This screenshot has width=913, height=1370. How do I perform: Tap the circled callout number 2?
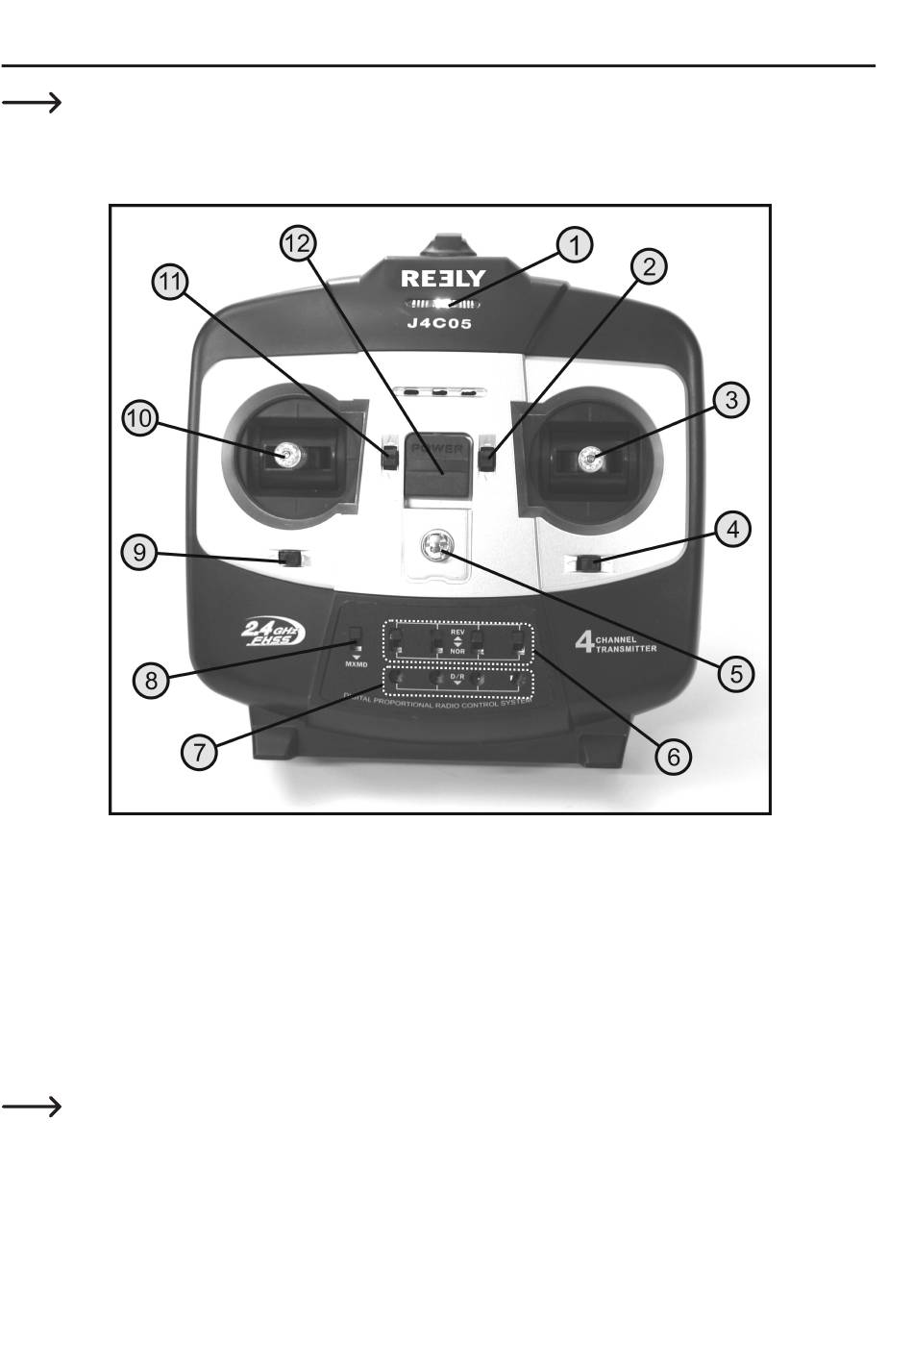pyautogui.click(x=650, y=266)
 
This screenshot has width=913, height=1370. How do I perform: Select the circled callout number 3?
pyautogui.click(x=732, y=399)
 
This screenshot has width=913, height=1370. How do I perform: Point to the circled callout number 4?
pyautogui.click(x=732, y=528)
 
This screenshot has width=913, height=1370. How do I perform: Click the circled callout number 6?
pyautogui.click(x=673, y=757)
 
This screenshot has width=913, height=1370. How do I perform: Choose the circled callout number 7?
pyautogui.click(x=199, y=752)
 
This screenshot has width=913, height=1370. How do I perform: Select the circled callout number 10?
pyautogui.click(x=140, y=420)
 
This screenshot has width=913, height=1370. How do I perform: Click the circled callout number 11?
pyautogui.click(x=170, y=282)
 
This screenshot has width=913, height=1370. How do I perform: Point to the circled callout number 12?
pyautogui.click(x=298, y=244)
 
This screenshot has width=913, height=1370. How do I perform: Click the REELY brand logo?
pyautogui.click(x=443, y=279)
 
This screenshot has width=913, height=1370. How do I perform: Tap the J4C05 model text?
pyautogui.click(x=439, y=324)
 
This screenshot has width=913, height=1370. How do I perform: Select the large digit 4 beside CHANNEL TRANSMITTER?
pyautogui.click(x=583, y=641)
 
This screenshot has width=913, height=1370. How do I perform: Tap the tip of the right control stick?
pyautogui.click(x=589, y=461)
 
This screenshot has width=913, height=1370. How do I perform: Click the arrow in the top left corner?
pyautogui.click(x=32, y=103)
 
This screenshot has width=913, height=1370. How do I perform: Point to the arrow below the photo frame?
pyautogui.click(x=32, y=1108)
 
